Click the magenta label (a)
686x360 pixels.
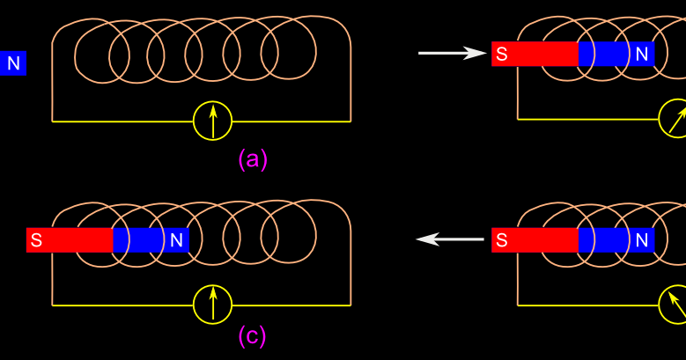[253, 159]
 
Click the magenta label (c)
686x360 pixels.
[252, 335]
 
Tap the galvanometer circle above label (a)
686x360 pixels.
[212, 121]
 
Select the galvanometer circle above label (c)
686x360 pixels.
[212, 305]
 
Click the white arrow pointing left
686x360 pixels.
[450, 239]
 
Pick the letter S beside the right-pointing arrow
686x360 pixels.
[501, 55]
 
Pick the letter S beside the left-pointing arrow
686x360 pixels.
[501, 239]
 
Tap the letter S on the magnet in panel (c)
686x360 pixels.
[36, 239]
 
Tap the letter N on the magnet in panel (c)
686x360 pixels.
[176, 239]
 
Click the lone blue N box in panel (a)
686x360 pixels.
[13, 63]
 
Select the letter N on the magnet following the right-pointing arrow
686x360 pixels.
[642, 55]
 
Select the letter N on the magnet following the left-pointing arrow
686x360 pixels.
[642, 239]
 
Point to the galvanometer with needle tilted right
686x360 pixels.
[675, 120]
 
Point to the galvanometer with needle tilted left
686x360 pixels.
[675, 305]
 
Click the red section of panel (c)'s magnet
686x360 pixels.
[70, 239]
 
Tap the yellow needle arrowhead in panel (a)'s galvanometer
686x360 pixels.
[212, 110]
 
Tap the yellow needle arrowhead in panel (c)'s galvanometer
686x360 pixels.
[212, 293]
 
